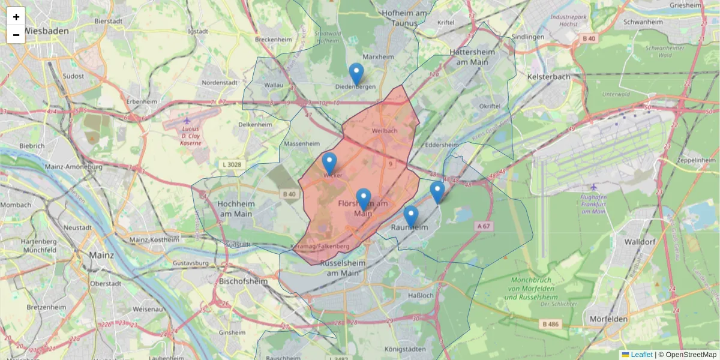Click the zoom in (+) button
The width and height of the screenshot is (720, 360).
(x=16, y=17)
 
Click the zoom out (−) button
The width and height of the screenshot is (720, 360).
(x=16, y=35)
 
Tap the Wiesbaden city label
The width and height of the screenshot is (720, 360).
(x=47, y=31)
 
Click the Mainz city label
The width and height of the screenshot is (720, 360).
(x=101, y=255)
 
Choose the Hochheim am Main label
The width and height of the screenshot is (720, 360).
(x=236, y=208)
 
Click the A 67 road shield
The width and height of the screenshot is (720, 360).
(x=483, y=226)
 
